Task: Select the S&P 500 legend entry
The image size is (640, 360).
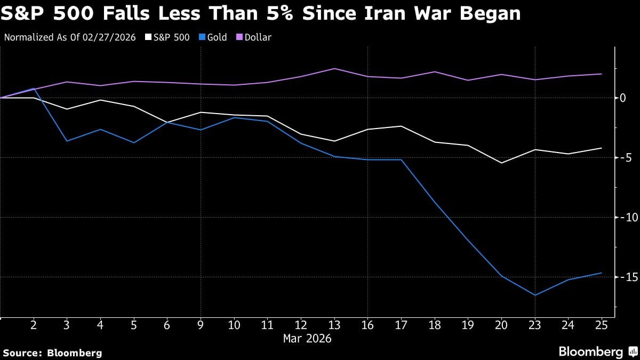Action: (168, 37)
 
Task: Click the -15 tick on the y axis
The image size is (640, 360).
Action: (625, 277)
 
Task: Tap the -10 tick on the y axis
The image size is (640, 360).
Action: (625, 217)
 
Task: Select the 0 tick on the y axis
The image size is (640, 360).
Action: (622, 98)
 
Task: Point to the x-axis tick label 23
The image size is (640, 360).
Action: (534, 325)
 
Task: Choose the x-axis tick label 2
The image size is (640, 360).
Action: (34, 325)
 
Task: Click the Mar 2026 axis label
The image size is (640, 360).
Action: (307, 339)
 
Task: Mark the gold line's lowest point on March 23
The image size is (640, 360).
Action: (534, 295)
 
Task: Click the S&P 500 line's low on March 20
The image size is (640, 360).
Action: (501, 163)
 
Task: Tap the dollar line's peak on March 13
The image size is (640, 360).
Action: (334, 68)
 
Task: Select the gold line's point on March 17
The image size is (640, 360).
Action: (401, 160)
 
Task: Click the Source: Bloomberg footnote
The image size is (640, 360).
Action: (52, 353)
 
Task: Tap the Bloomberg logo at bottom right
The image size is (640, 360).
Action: (596, 352)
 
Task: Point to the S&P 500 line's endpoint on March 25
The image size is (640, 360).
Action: (602, 148)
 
